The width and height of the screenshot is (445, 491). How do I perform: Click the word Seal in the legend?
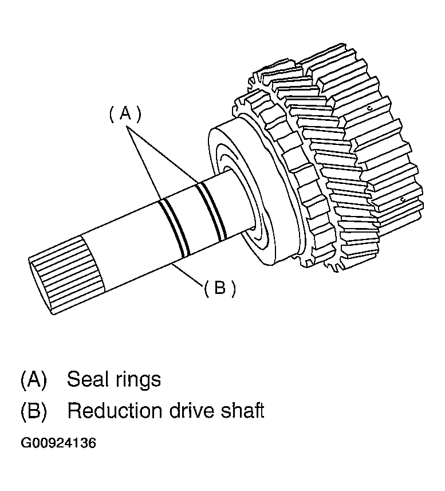(x=87, y=379)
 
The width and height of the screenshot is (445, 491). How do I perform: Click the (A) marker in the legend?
(x=33, y=379)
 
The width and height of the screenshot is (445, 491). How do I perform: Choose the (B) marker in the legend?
(x=33, y=411)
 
